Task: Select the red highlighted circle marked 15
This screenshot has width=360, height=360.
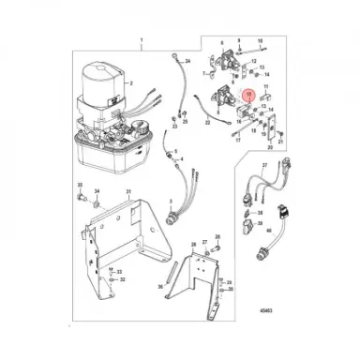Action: tap(247, 95)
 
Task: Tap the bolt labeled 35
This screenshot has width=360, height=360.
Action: tap(81, 187)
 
